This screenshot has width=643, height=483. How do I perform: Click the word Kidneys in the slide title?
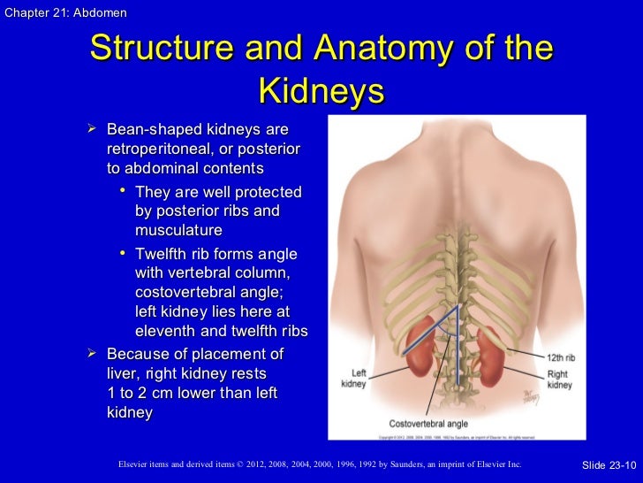321,92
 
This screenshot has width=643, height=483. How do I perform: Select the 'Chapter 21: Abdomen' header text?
64,12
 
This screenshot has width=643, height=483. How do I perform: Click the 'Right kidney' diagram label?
558,379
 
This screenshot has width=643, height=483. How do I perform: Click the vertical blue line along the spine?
458,354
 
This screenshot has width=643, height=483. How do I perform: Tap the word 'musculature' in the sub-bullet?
178,230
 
